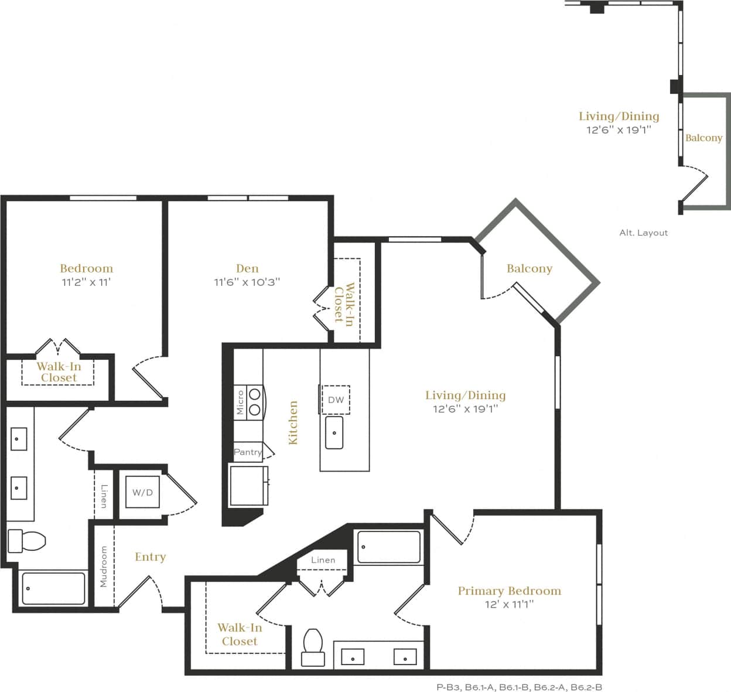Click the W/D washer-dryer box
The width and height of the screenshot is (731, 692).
[x=142, y=492]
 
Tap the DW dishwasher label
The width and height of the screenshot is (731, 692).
[x=336, y=400]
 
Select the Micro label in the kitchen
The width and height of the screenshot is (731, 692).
[x=240, y=403]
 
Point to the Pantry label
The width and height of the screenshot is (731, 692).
[x=248, y=452]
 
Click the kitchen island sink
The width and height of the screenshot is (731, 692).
[x=334, y=433]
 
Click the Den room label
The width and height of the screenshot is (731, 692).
[x=247, y=268]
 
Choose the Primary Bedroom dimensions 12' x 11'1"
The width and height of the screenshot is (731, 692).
[x=509, y=604]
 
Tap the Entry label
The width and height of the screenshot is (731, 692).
[x=150, y=557]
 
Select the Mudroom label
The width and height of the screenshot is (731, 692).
[x=104, y=567]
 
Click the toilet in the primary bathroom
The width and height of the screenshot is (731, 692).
[x=313, y=647]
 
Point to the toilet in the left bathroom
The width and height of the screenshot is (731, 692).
[x=26, y=541]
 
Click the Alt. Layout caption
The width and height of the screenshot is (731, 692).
[x=643, y=233]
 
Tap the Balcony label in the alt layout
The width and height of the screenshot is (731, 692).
[x=703, y=138]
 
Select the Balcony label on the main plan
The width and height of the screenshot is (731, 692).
[x=529, y=268]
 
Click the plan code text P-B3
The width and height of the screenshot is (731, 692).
[x=448, y=687]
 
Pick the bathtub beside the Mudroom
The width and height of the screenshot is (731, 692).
[x=53, y=588]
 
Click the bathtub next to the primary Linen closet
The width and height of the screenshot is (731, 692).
[x=388, y=547]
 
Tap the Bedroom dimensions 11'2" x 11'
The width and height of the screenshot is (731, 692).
[x=87, y=282]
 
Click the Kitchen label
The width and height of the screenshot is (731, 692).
[x=293, y=422]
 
